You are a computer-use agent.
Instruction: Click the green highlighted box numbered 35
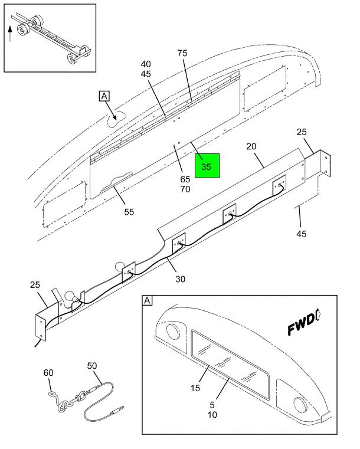pos(207,167)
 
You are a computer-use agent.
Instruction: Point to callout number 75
pos(182,54)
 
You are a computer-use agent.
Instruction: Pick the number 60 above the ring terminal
pos(48,372)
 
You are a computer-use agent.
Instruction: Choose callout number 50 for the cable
pos(91,366)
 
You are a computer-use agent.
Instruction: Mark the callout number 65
pos(185,179)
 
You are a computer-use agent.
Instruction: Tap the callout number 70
pos(185,189)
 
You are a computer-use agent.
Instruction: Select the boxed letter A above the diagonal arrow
pos(104,97)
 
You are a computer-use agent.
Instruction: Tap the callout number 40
pos(146,64)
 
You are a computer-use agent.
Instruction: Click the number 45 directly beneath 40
pos(146,74)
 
